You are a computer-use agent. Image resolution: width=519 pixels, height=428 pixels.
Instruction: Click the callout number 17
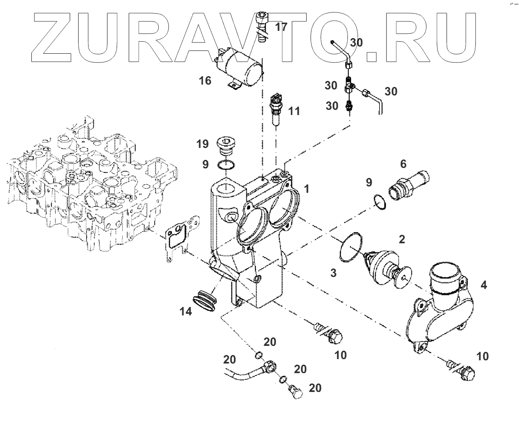click(x=281, y=27)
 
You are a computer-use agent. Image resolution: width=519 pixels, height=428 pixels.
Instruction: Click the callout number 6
click(x=403, y=163)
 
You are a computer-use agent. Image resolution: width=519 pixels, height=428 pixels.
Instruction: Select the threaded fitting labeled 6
click(x=408, y=183)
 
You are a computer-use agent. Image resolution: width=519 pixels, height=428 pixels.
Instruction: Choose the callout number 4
click(x=484, y=285)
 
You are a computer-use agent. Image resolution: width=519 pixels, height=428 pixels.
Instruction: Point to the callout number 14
click(x=186, y=311)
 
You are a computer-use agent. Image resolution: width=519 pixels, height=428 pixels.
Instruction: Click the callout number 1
click(x=306, y=188)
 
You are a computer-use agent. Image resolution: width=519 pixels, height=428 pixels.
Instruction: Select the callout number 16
click(x=205, y=81)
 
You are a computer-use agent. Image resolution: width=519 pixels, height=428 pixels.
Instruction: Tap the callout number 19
click(x=202, y=143)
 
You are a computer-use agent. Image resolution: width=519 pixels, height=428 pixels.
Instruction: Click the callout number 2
click(x=401, y=239)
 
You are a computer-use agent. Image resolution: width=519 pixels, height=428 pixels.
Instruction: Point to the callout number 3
click(x=333, y=273)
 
